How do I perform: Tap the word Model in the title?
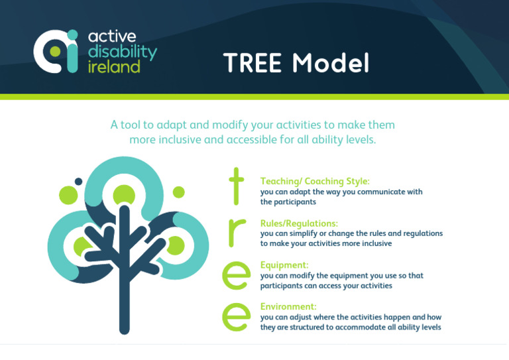[x=331, y=64]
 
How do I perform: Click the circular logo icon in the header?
[x=56, y=50]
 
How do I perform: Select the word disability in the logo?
[x=123, y=52]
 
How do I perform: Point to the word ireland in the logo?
[x=114, y=66]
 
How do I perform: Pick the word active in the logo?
[x=112, y=37]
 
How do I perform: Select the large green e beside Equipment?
[x=237, y=274]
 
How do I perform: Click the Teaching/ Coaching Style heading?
[x=315, y=181]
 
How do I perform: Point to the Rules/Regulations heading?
[x=299, y=223]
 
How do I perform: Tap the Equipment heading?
[x=284, y=265]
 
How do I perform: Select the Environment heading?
[x=288, y=306]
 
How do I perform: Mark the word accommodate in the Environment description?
[x=358, y=327]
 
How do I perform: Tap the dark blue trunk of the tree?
[x=123, y=292]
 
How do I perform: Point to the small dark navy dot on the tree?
[x=78, y=182]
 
